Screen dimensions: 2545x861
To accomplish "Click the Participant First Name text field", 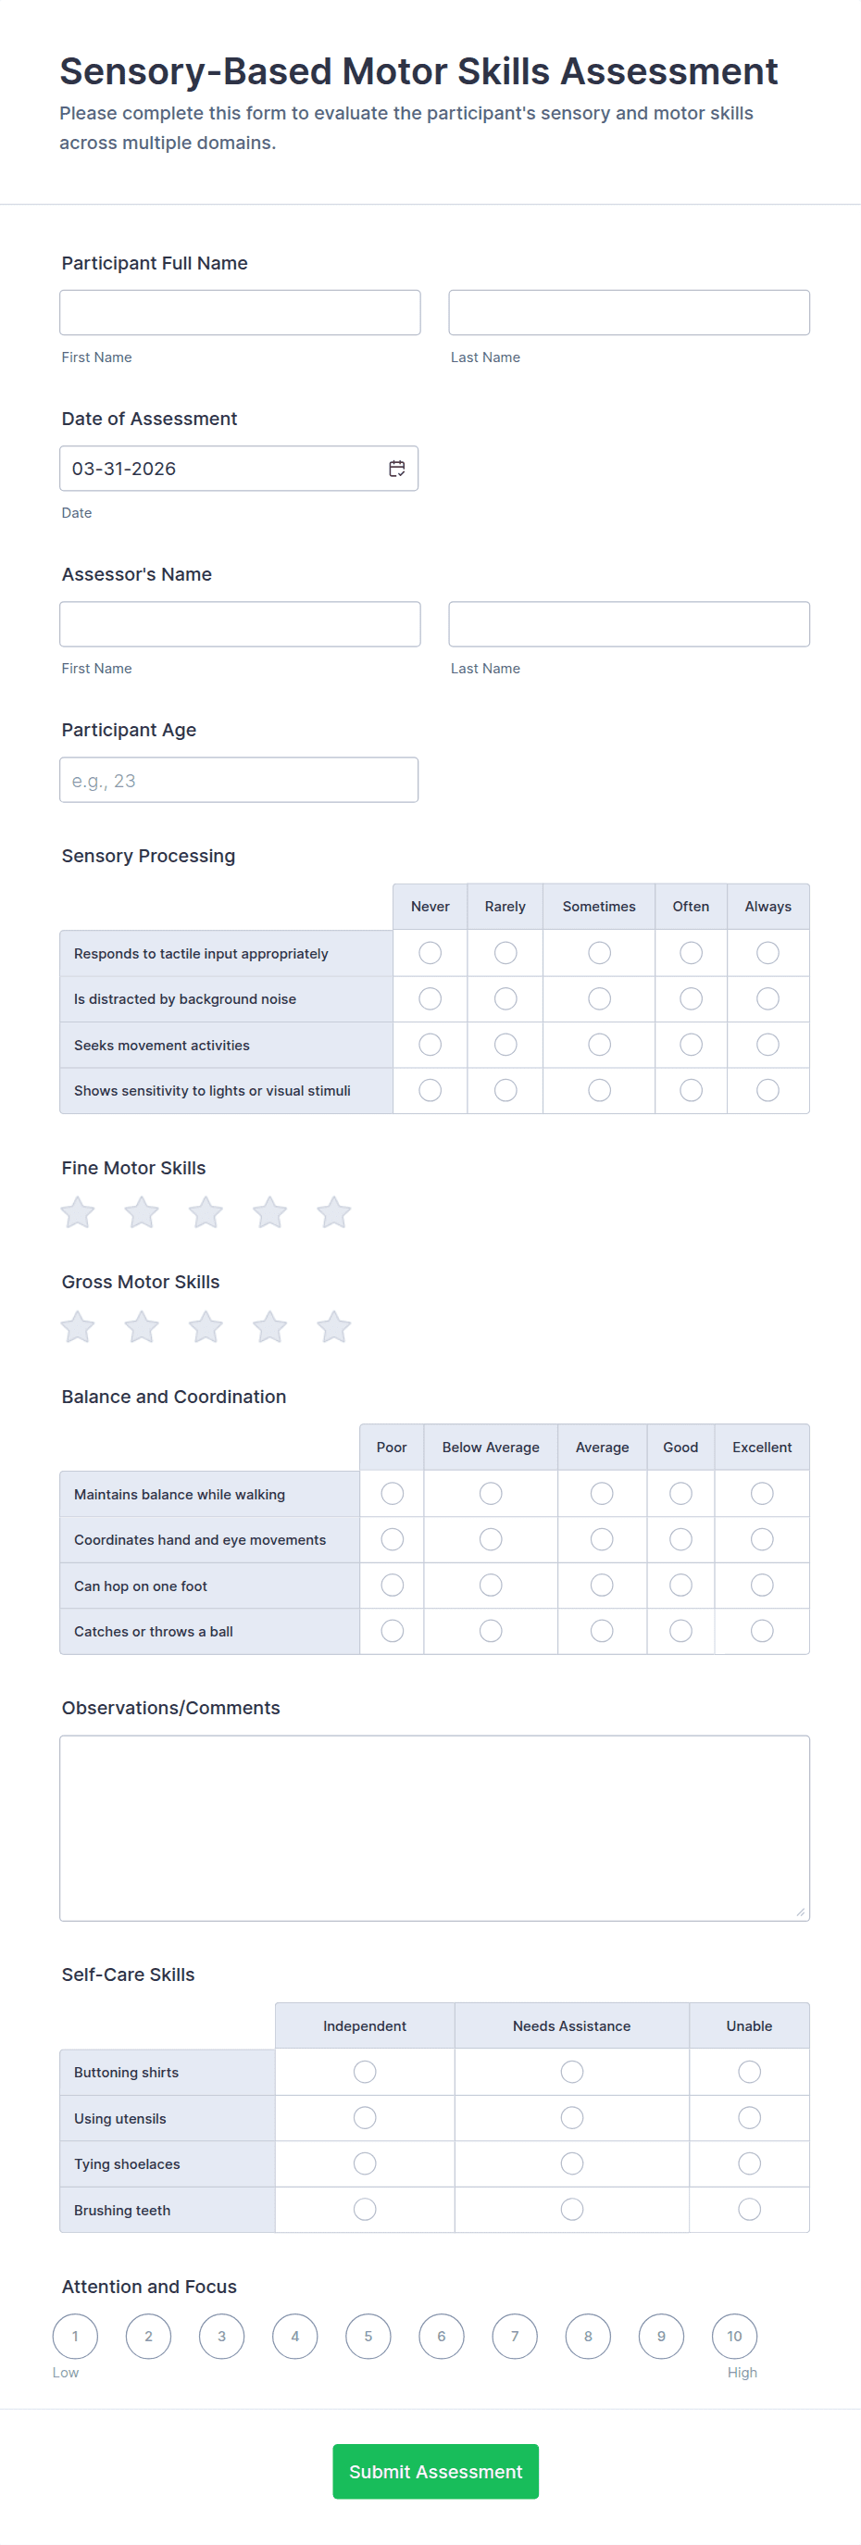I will (x=240, y=312).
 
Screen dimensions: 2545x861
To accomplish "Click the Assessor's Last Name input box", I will (x=629, y=624).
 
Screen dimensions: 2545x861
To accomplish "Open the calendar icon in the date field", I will (x=397, y=469).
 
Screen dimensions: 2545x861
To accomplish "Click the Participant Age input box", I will (x=239, y=781).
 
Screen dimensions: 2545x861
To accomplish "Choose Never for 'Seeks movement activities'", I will (x=430, y=1045).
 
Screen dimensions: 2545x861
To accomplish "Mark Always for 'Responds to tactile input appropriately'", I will (x=767, y=953).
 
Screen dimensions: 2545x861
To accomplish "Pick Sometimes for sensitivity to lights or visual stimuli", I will (x=599, y=1091).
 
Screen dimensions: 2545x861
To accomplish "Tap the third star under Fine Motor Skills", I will (x=206, y=1212).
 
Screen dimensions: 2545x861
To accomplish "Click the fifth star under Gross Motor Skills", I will (x=333, y=1327).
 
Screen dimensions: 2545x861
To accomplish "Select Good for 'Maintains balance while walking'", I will (x=680, y=1494).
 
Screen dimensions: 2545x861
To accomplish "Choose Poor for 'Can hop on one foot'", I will (x=392, y=1586).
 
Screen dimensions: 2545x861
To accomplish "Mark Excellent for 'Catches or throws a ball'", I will (x=761, y=1631).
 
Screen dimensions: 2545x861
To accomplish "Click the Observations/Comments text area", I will (x=434, y=1828).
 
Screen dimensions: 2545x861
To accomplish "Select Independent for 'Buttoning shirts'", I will (x=365, y=2072).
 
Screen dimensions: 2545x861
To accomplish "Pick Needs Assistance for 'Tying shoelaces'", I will (x=572, y=2163).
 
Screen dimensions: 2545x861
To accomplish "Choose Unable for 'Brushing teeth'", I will (x=749, y=2209).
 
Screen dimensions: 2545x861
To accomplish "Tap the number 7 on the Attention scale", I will (x=515, y=2337).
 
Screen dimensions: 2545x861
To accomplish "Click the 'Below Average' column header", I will (x=491, y=1448).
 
